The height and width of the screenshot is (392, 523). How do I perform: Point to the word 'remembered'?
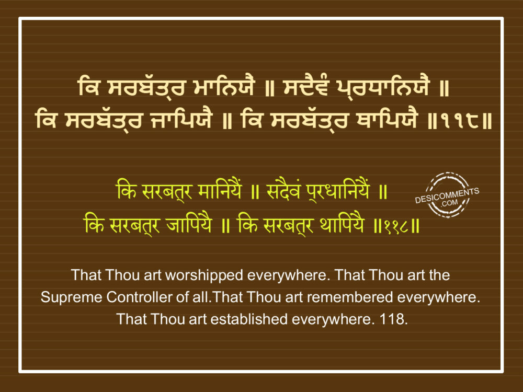[x=349, y=297]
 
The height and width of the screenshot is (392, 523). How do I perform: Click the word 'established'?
[x=249, y=319]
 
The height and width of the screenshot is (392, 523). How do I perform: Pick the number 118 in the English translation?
[x=394, y=319]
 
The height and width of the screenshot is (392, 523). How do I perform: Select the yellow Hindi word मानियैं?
[x=219, y=191]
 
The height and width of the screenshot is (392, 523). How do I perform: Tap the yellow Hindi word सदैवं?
[x=283, y=191]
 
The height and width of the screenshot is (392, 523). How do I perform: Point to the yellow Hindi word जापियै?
[x=189, y=224]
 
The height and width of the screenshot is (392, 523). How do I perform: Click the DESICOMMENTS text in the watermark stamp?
[x=447, y=195]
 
